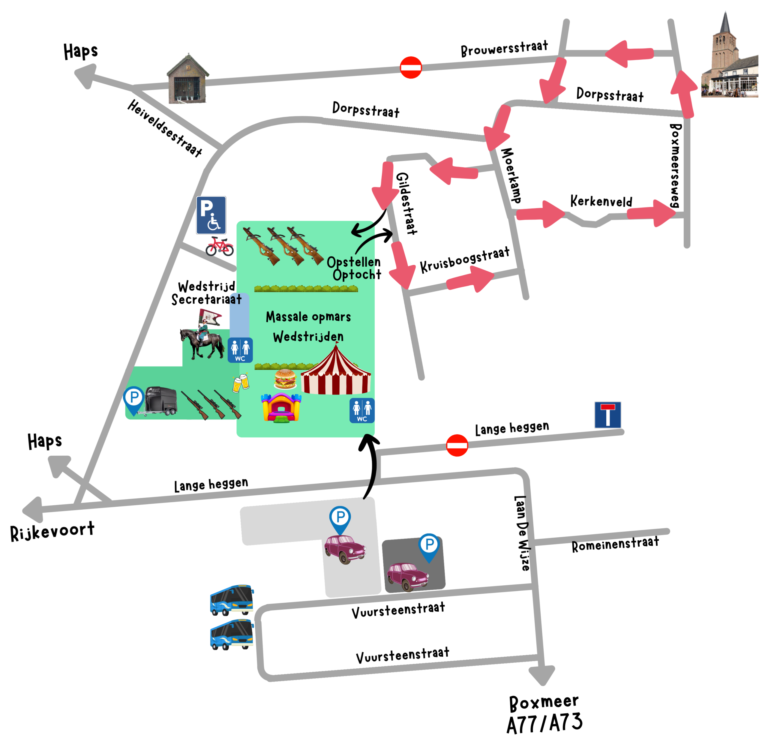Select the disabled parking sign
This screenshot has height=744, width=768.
(x=211, y=215)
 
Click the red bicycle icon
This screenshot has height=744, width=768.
(x=220, y=246)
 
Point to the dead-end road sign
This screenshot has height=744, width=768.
(x=607, y=415)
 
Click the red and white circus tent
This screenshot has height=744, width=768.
(x=336, y=371)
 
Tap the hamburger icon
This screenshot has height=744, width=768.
(x=285, y=379)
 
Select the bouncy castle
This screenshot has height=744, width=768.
(x=281, y=408)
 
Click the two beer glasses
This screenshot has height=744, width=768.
(x=241, y=382)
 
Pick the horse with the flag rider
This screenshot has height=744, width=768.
(x=202, y=337)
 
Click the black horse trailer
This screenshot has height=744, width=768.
(x=161, y=401)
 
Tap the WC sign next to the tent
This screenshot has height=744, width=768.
(x=362, y=411)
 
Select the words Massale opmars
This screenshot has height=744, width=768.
(x=308, y=316)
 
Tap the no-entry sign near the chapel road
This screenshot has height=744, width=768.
(x=411, y=68)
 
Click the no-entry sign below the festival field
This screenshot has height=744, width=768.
(x=457, y=445)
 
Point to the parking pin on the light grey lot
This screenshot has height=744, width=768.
(x=340, y=518)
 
